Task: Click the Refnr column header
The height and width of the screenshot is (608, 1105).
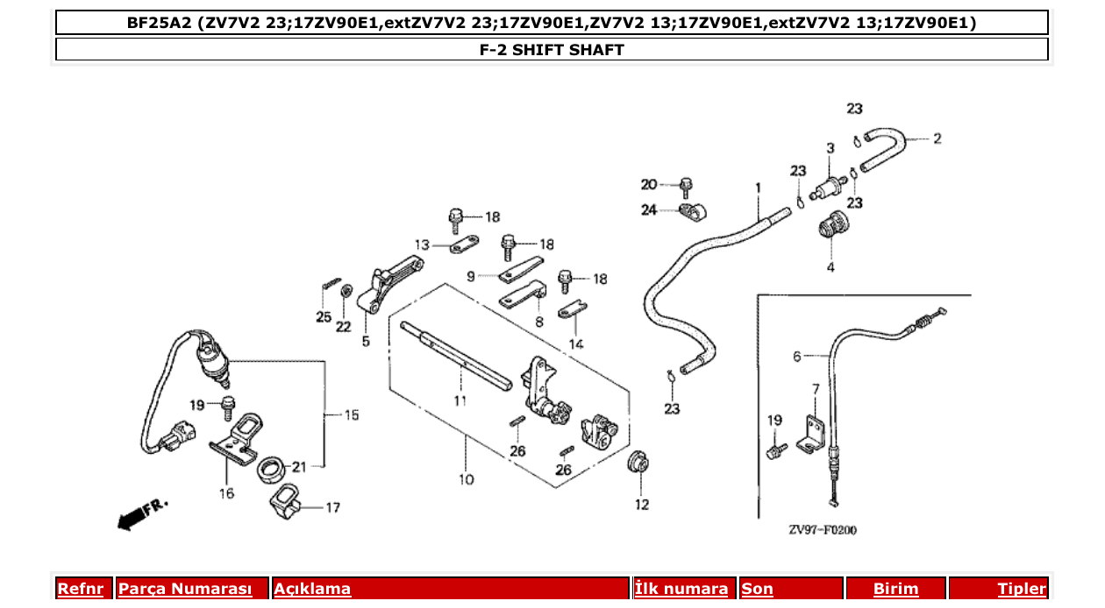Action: tap(80, 589)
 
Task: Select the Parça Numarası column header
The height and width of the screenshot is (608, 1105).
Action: tap(186, 589)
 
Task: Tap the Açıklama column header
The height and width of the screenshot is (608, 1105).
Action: tap(312, 589)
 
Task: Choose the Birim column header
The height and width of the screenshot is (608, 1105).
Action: tap(895, 589)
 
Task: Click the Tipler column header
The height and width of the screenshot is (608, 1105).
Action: tap(1021, 589)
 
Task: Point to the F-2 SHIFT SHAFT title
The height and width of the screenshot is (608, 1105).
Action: tap(552, 50)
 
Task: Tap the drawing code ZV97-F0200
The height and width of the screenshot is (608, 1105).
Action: tap(822, 530)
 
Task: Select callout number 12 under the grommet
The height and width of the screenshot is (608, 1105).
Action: tap(642, 504)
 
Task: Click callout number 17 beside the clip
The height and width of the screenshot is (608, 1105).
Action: tap(332, 507)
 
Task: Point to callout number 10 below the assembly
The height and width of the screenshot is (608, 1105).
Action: tap(465, 479)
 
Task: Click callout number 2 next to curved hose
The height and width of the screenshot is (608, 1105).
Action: tap(937, 138)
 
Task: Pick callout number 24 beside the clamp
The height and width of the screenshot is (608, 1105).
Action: tap(648, 210)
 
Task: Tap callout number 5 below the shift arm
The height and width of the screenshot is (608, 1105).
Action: tap(366, 341)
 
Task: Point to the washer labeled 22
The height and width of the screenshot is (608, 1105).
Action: tap(346, 290)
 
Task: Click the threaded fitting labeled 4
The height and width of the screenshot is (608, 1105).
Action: tap(829, 229)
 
